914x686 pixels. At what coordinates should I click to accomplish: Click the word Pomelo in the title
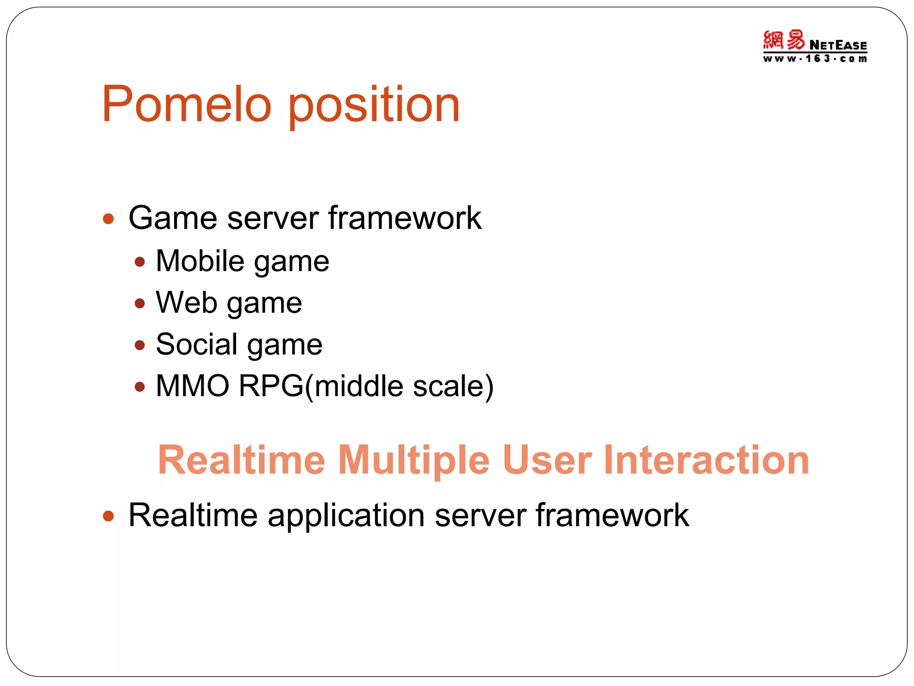(187, 105)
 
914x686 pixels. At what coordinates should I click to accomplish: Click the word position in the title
(374, 107)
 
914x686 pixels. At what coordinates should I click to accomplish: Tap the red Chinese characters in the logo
(784, 40)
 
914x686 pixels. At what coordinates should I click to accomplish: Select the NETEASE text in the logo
(838, 45)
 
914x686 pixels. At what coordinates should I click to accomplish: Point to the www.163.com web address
(815, 59)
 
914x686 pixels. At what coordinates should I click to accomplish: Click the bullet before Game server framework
(108, 219)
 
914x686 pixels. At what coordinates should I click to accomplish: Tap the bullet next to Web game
(140, 304)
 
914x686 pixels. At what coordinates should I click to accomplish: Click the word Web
(187, 303)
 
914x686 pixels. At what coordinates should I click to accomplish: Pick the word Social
(196, 344)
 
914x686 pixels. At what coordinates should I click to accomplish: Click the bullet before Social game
(140, 345)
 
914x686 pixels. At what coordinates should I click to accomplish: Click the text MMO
(192, 386)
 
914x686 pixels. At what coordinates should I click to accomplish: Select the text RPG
(271, 386)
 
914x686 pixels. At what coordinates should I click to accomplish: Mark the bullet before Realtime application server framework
(108, 516)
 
